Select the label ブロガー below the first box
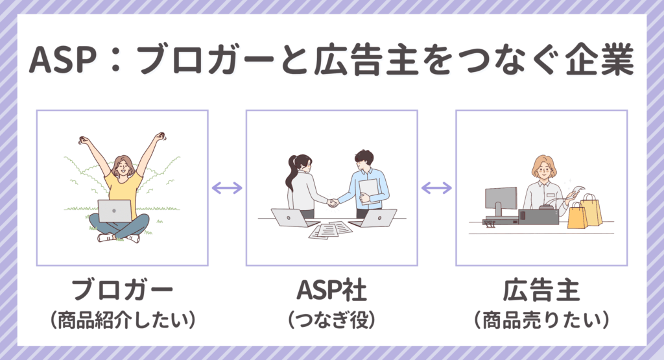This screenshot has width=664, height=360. point(122,290)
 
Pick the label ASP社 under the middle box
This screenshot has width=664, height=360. point(331,290)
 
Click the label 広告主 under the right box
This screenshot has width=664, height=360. point(541,290)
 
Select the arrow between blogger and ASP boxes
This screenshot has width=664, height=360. point(227,188)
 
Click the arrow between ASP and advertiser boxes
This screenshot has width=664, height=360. point(436,188)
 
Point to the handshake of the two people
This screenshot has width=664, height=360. point(333,203)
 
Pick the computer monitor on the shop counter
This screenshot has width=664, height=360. point(501,198)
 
